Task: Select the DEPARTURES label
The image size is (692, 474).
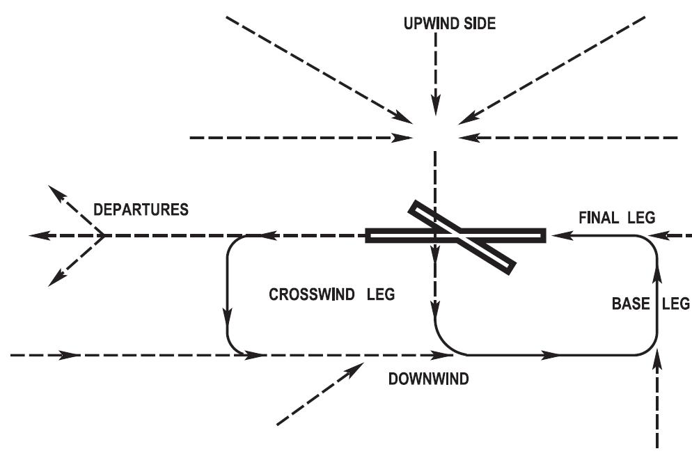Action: [x=141, y=210]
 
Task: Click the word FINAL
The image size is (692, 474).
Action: [x=598, y=218]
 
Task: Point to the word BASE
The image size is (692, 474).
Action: [x=627, y=303]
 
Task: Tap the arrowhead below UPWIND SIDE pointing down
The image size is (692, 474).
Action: [x=435, y=108]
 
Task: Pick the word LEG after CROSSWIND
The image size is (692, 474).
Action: [x=382, y=294]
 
